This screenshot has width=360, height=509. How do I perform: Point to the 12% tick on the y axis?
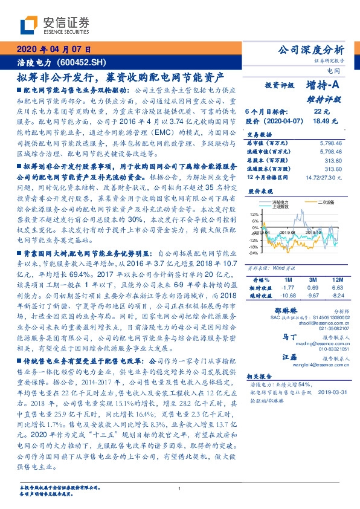pos(254,213)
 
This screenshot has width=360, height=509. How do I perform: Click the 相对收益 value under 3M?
pos(313,288)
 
